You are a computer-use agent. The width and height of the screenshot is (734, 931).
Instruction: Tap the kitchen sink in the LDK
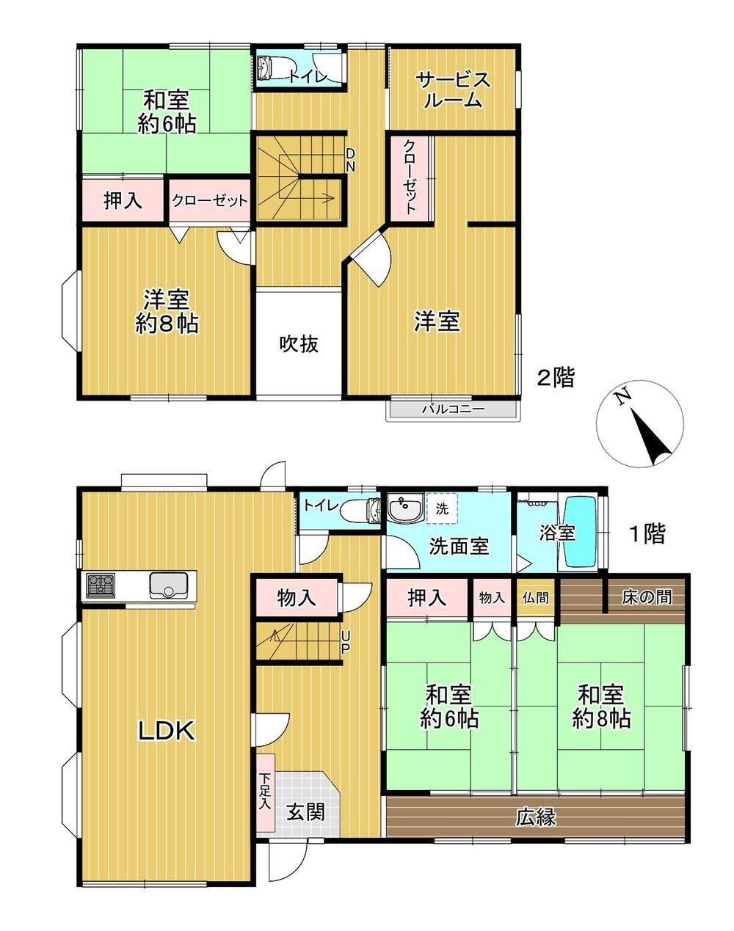pos(169,585)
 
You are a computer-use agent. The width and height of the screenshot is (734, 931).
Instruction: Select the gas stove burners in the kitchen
pos(101,585)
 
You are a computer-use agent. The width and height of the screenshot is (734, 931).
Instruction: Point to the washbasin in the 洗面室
pos(401,508)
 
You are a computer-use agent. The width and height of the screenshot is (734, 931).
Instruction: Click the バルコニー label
pos(452,409)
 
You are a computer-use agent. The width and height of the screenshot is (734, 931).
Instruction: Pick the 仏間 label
pos(534,597)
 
